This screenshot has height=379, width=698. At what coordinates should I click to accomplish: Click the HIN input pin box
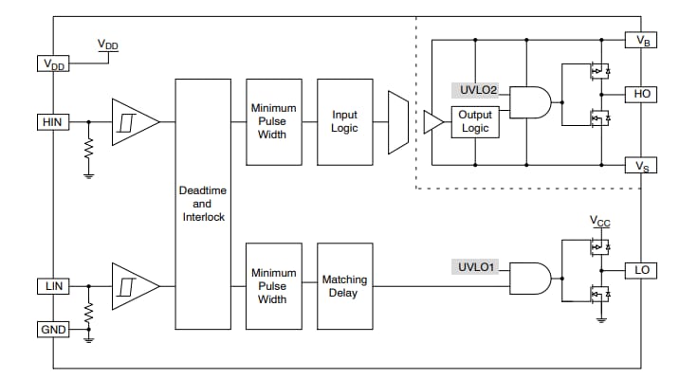(49, 121)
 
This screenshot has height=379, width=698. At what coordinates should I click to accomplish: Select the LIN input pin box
(49, 285)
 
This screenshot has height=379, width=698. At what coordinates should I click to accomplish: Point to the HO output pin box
(641, 95)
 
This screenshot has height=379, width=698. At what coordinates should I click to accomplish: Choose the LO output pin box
(641, 270)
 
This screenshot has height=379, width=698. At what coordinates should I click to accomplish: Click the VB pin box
(641, 41)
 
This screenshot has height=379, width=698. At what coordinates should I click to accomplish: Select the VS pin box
(641, 166)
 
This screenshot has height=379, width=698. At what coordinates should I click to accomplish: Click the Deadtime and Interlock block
(203, 204)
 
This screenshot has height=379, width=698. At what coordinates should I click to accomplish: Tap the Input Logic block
(344, 121)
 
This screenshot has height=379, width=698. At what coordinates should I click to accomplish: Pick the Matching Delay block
(344, 285)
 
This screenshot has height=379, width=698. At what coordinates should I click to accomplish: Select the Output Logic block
(475, 121)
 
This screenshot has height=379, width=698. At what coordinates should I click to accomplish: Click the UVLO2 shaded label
(478, 92)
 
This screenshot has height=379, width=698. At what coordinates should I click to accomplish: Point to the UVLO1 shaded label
(478, 268)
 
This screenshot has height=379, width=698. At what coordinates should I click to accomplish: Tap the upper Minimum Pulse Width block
(273, 121)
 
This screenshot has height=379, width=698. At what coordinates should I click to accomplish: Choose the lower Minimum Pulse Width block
(273, 285)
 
